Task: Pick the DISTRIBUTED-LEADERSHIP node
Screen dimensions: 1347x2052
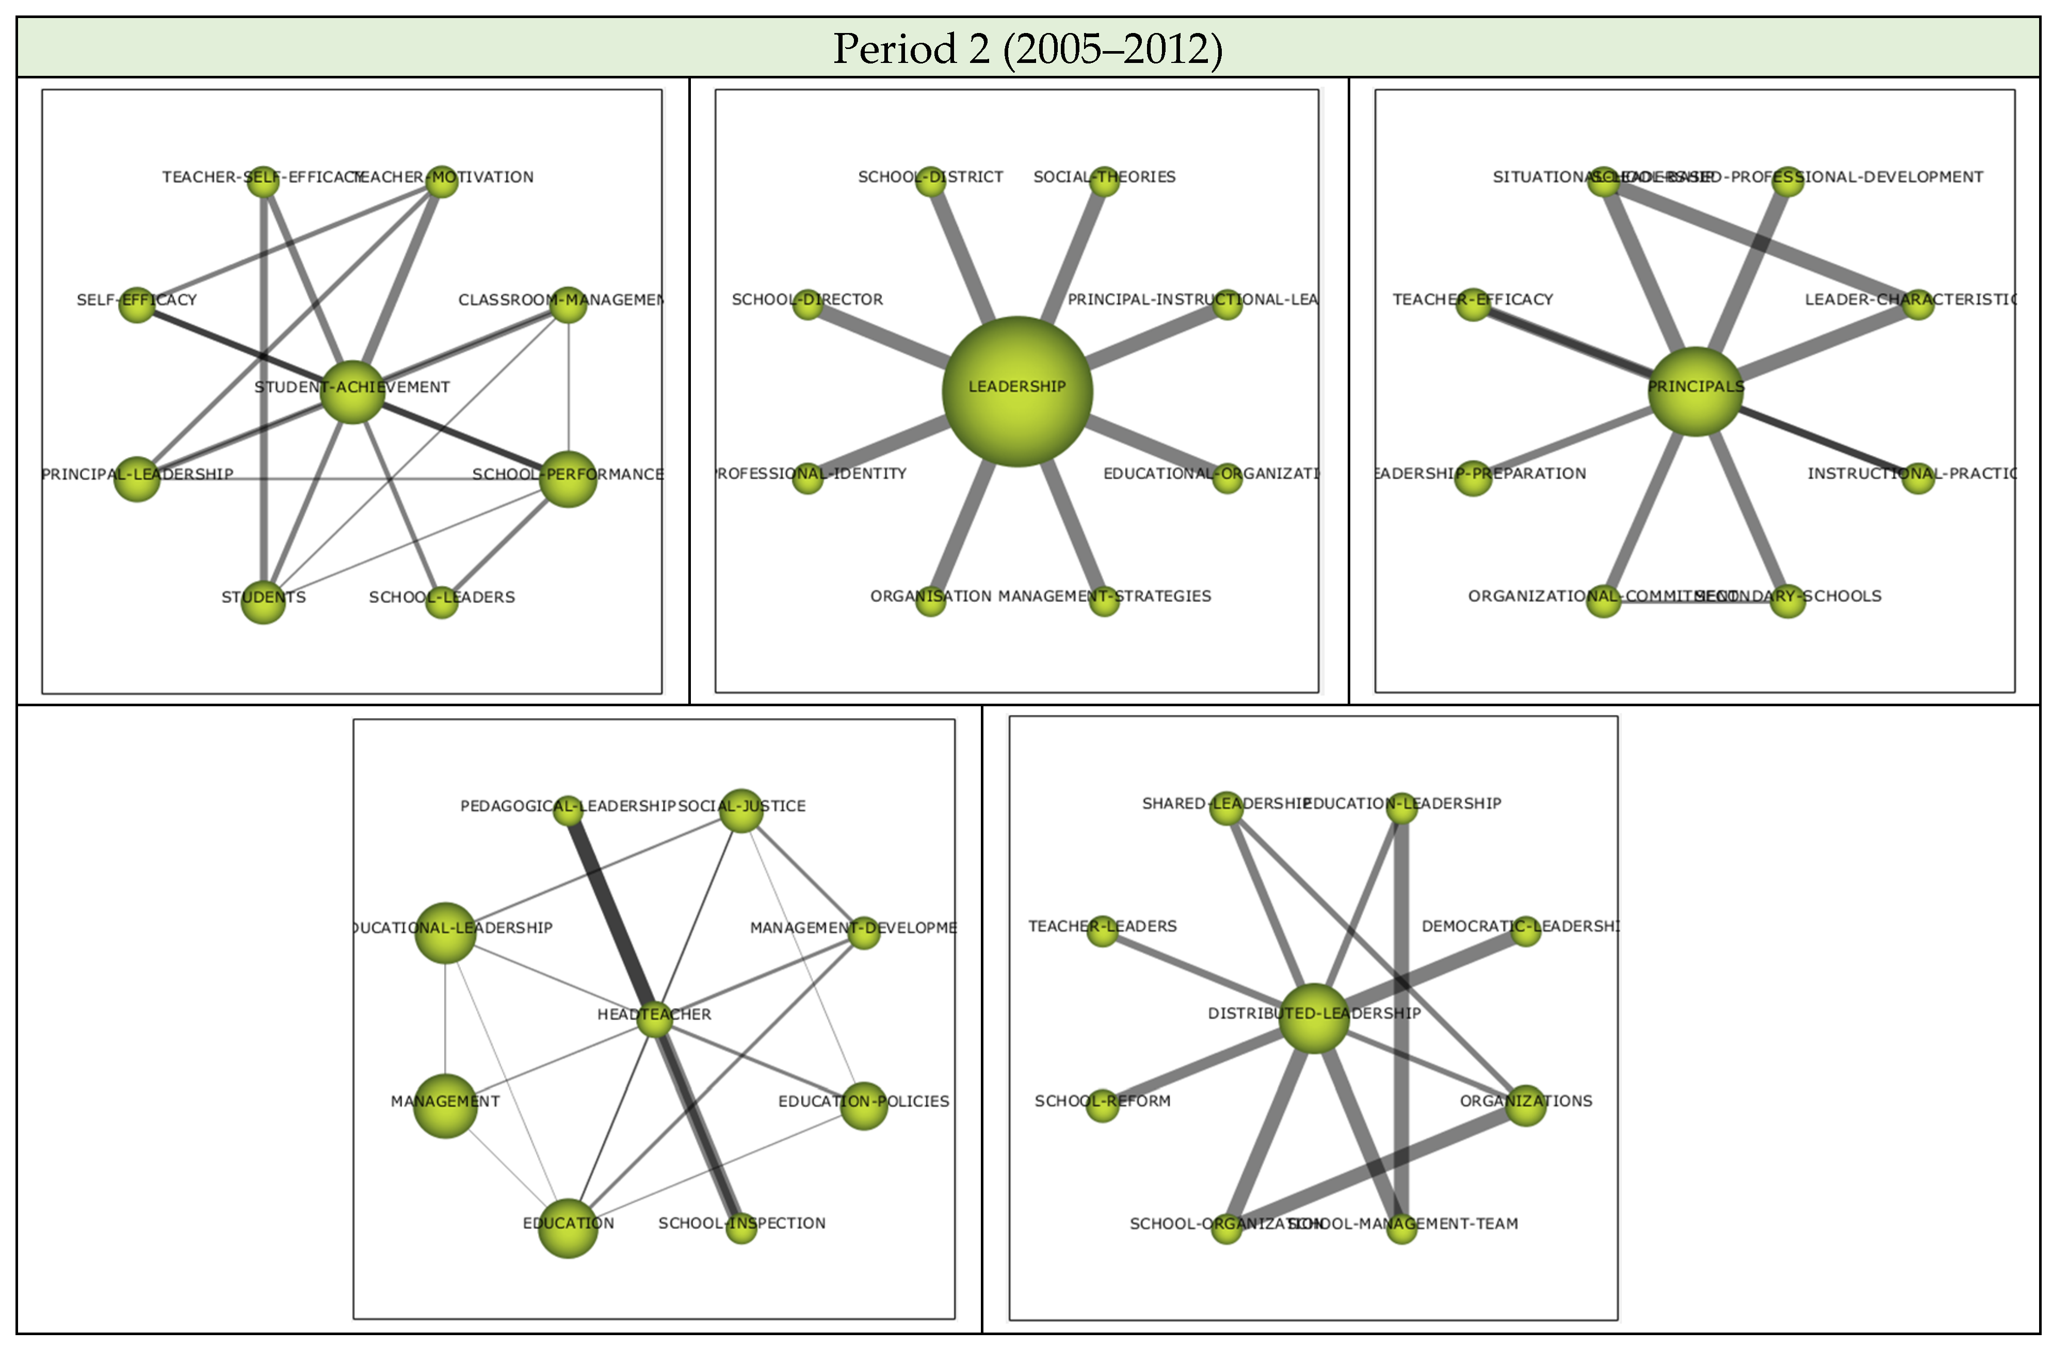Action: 1314,1018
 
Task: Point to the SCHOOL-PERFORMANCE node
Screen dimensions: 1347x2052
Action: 568,479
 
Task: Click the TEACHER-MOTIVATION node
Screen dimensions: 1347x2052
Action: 442,182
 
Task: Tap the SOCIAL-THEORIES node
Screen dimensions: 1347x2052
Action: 1104,182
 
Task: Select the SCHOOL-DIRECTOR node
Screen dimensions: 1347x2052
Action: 808,305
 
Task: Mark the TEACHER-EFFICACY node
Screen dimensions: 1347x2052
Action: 1474,305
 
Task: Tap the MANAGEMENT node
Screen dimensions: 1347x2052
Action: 445,1106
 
